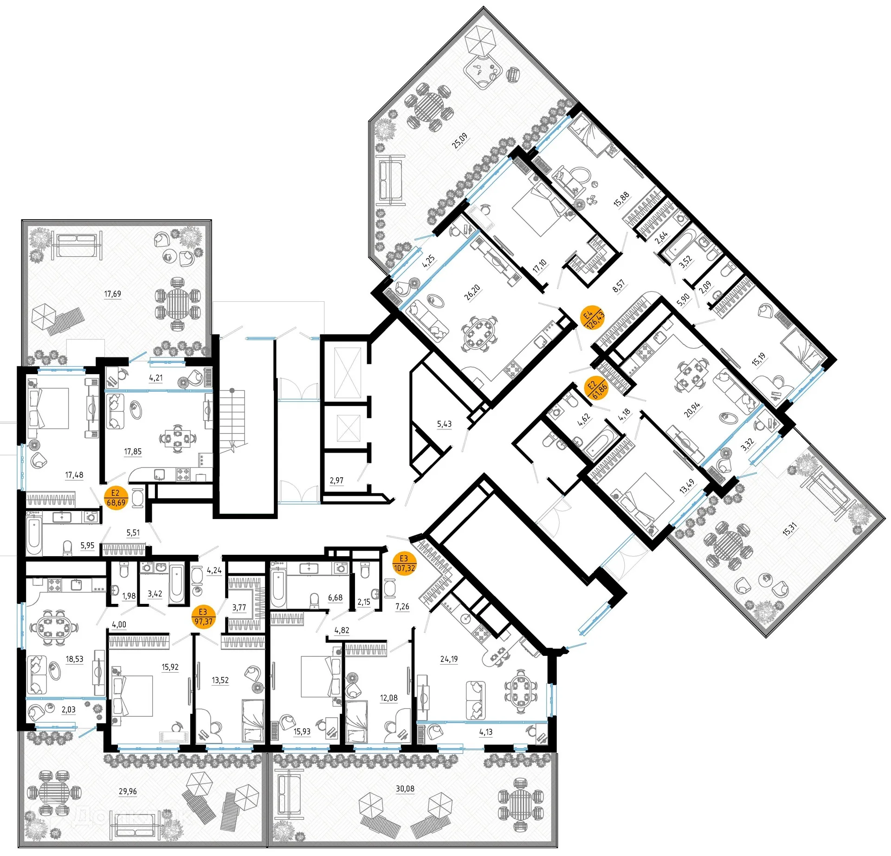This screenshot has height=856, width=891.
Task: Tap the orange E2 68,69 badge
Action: tap(116, 498)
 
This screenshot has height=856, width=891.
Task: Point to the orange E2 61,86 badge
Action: tap(596, 389)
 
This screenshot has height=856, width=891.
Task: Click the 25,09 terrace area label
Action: tap(460, 140)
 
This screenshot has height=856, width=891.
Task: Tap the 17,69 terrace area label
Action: tap(112, 294)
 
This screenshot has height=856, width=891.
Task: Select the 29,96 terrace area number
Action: tap(128, 791)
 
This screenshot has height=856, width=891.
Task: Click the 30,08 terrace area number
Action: tap(405, 789)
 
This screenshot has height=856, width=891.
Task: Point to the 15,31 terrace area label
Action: tap(789, 529)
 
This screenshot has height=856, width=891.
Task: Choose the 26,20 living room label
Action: tap(472, 292)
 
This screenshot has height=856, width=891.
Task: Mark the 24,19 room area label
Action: tap(449, 659)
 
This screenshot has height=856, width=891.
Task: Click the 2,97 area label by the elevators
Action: tap(336, 480)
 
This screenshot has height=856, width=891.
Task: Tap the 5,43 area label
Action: tap(444, 424)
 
